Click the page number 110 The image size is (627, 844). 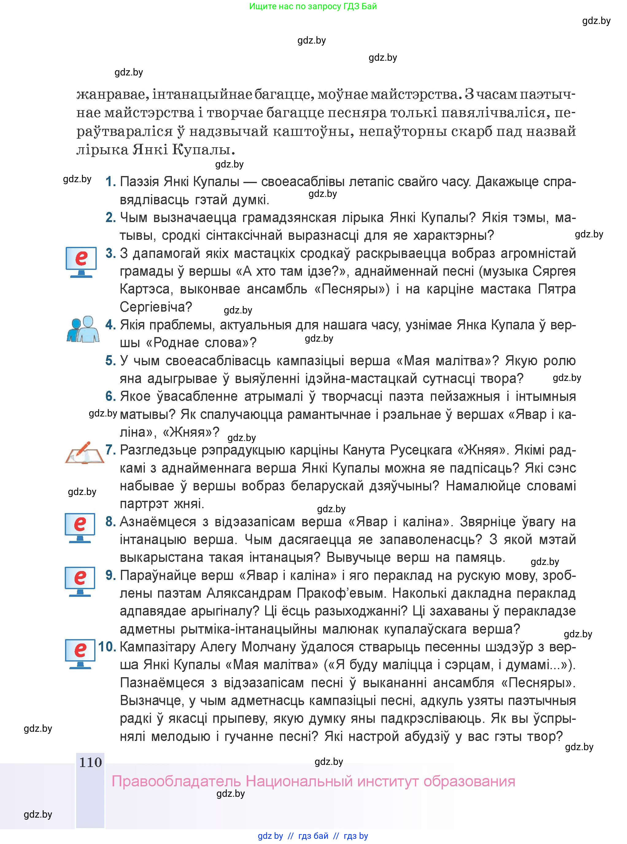[x=90, y=762]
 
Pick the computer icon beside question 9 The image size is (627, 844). [x=80, y=581]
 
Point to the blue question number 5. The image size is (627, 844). [x=110, y=360]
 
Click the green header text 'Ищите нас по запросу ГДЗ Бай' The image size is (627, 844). [x=313, y=6]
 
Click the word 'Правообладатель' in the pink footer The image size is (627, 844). [x=176, y=781]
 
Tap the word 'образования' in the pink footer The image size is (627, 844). [x=469, y=781]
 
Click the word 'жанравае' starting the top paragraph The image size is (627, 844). [x=111, y=94]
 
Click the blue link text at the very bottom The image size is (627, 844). [x=313, y=836]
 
